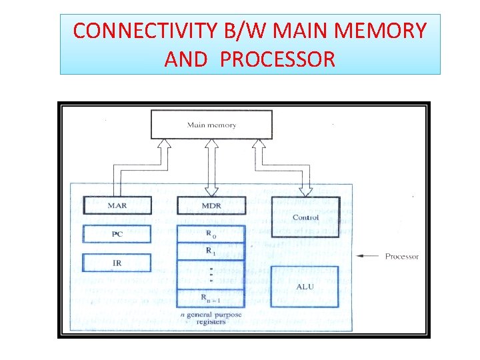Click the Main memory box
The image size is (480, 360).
(x=211, y=125)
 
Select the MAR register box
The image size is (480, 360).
(x=117, y=205)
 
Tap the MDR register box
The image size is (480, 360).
(x=211, y=205)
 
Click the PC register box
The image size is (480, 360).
(x=117, y=234)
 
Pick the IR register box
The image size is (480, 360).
(x=117, y=263)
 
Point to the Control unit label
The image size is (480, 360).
(x=305, y=217)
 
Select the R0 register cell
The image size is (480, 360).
(x=211, y=234)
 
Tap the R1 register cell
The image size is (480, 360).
(x=211, y=251)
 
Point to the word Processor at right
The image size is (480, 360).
(x=402, y=257)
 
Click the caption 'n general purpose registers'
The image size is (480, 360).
(x=211, y=317)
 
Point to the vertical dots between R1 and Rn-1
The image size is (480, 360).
(x=211, y=275)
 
